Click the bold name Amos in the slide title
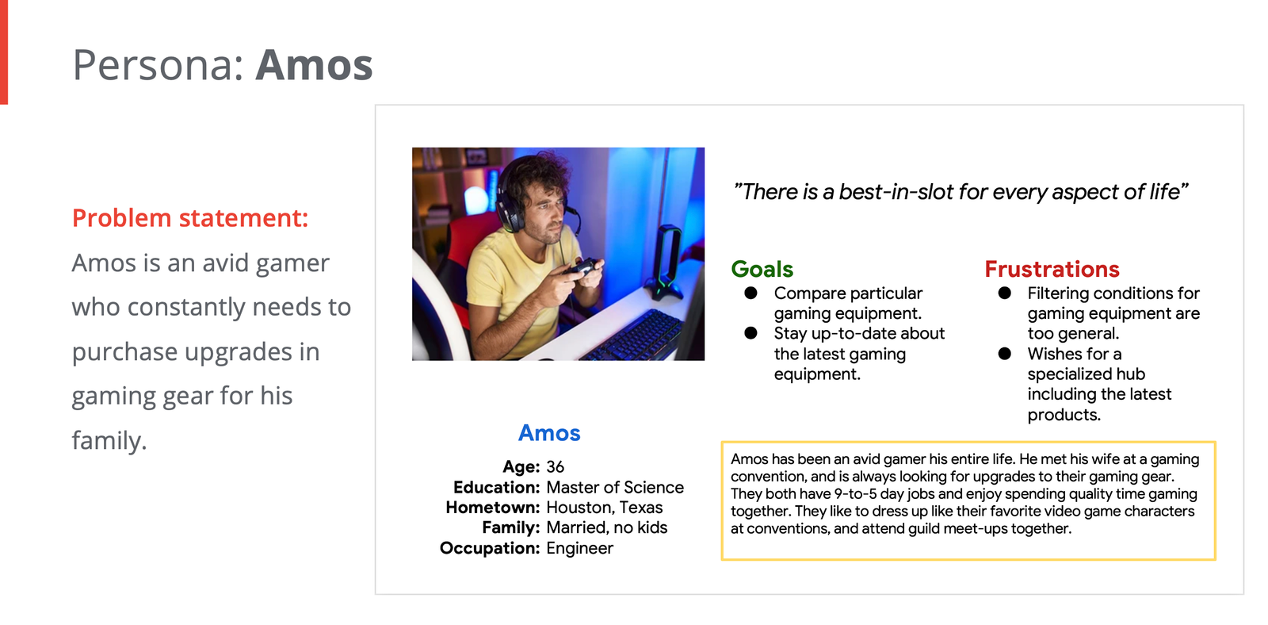point(314,65)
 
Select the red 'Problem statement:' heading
point(190,218)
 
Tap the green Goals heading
point(762,269)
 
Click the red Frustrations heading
point(1052,269)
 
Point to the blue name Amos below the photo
point(549,434)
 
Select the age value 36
point(555,467)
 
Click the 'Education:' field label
point(496,487)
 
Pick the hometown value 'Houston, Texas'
point(604,507)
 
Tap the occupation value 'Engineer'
point(579,548)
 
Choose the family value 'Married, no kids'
point(606,527)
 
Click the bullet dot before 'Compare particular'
point(750,293)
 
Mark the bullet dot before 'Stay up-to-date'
point(750,333)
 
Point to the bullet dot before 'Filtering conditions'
point(1005,293)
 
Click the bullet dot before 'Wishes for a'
point(1005,354)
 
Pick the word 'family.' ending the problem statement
point(109,441)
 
